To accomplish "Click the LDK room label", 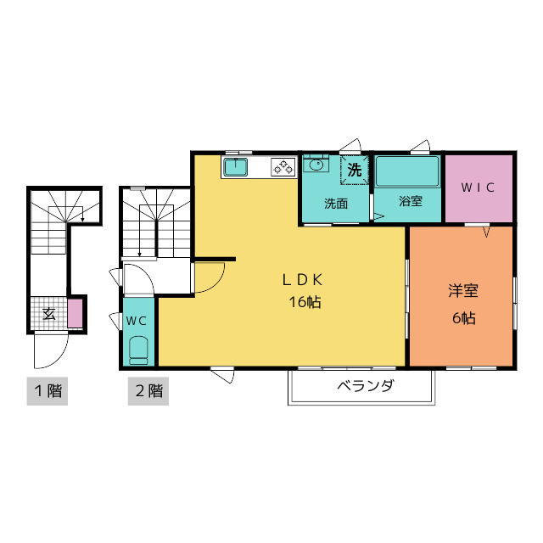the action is (303, 280).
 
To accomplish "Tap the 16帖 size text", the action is (305, 302).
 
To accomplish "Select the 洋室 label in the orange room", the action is (463, 291).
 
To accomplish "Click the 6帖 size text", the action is (464, 318).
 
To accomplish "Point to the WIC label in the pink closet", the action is (478, 188).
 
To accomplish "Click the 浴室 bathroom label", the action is (410, 201).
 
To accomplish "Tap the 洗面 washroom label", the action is (336, 204).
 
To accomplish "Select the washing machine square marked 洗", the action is (355, 170).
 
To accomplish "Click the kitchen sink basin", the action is (236, 167).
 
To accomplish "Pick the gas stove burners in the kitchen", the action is (283, 167).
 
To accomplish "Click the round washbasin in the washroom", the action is (316, 165).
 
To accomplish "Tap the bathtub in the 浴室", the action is (407, 171).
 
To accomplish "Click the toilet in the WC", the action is (138, 350).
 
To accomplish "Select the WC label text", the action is (137, 321).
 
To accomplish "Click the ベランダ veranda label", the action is (366, 385).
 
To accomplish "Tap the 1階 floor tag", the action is (48, 391).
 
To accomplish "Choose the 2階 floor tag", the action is (148, 391).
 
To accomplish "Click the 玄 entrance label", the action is (49, 314).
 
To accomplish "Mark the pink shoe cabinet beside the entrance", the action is (75, 313).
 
